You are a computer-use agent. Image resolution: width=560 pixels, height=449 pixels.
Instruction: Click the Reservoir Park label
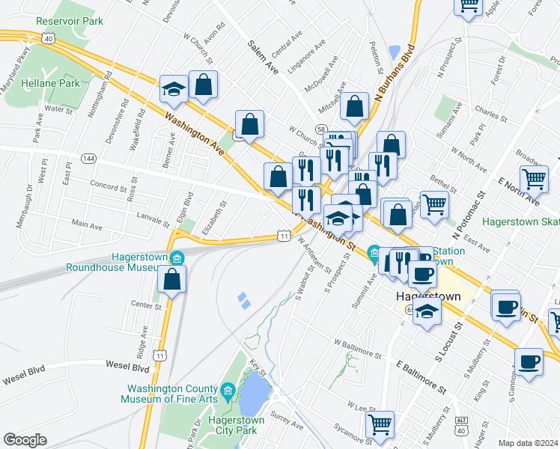(x=69, y=21)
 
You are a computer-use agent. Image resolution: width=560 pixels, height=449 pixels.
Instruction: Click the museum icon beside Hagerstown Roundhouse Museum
(x=177, y=259)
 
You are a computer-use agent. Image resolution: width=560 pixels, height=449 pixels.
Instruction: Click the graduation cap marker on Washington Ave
(x=174, y=89)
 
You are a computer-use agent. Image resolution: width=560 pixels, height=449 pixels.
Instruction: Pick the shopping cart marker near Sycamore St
(x=380, y=424)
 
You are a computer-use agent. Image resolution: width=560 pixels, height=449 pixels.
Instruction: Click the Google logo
(x=25, y=440)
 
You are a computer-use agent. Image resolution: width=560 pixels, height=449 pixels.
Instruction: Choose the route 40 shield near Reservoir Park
(x=48, y=37)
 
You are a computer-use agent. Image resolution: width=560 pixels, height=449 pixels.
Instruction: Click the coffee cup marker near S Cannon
(x=529, y=361)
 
